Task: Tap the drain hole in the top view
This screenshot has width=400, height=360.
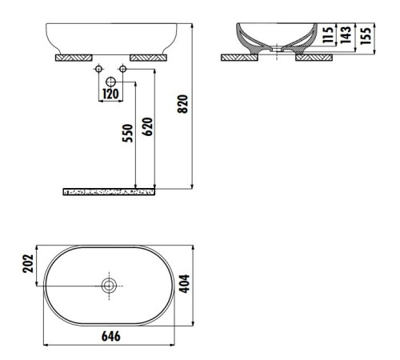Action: pos(109,284)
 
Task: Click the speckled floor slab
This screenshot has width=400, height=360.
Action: pos(109,192)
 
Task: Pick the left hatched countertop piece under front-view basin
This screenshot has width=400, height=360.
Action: pos(74,58)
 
